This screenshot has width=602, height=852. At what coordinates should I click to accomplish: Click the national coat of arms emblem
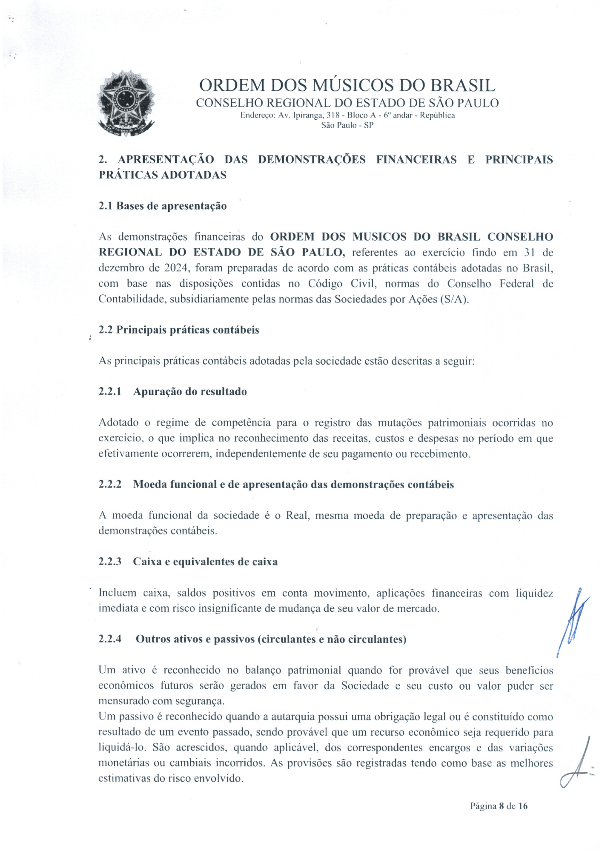[126, 104]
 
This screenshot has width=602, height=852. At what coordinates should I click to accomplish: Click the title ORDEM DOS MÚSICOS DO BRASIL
[347, 86]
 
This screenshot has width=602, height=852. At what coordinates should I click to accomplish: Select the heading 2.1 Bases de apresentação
[163, 206]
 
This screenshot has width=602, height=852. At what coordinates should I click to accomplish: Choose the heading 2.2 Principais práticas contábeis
[179, 330]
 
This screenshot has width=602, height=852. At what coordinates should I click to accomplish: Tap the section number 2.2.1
[110, 392]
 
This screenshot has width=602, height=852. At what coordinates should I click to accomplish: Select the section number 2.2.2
[110, 485]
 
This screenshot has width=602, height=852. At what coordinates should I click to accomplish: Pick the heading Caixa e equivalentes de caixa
[205, 562]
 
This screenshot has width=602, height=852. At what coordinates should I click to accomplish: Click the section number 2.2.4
[110, 639]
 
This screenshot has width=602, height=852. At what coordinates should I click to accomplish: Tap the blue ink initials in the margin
[573, 622]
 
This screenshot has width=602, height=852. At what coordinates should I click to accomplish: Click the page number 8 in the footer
[502, 806]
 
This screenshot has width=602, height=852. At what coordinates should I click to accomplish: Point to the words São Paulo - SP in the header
[347, 125]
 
